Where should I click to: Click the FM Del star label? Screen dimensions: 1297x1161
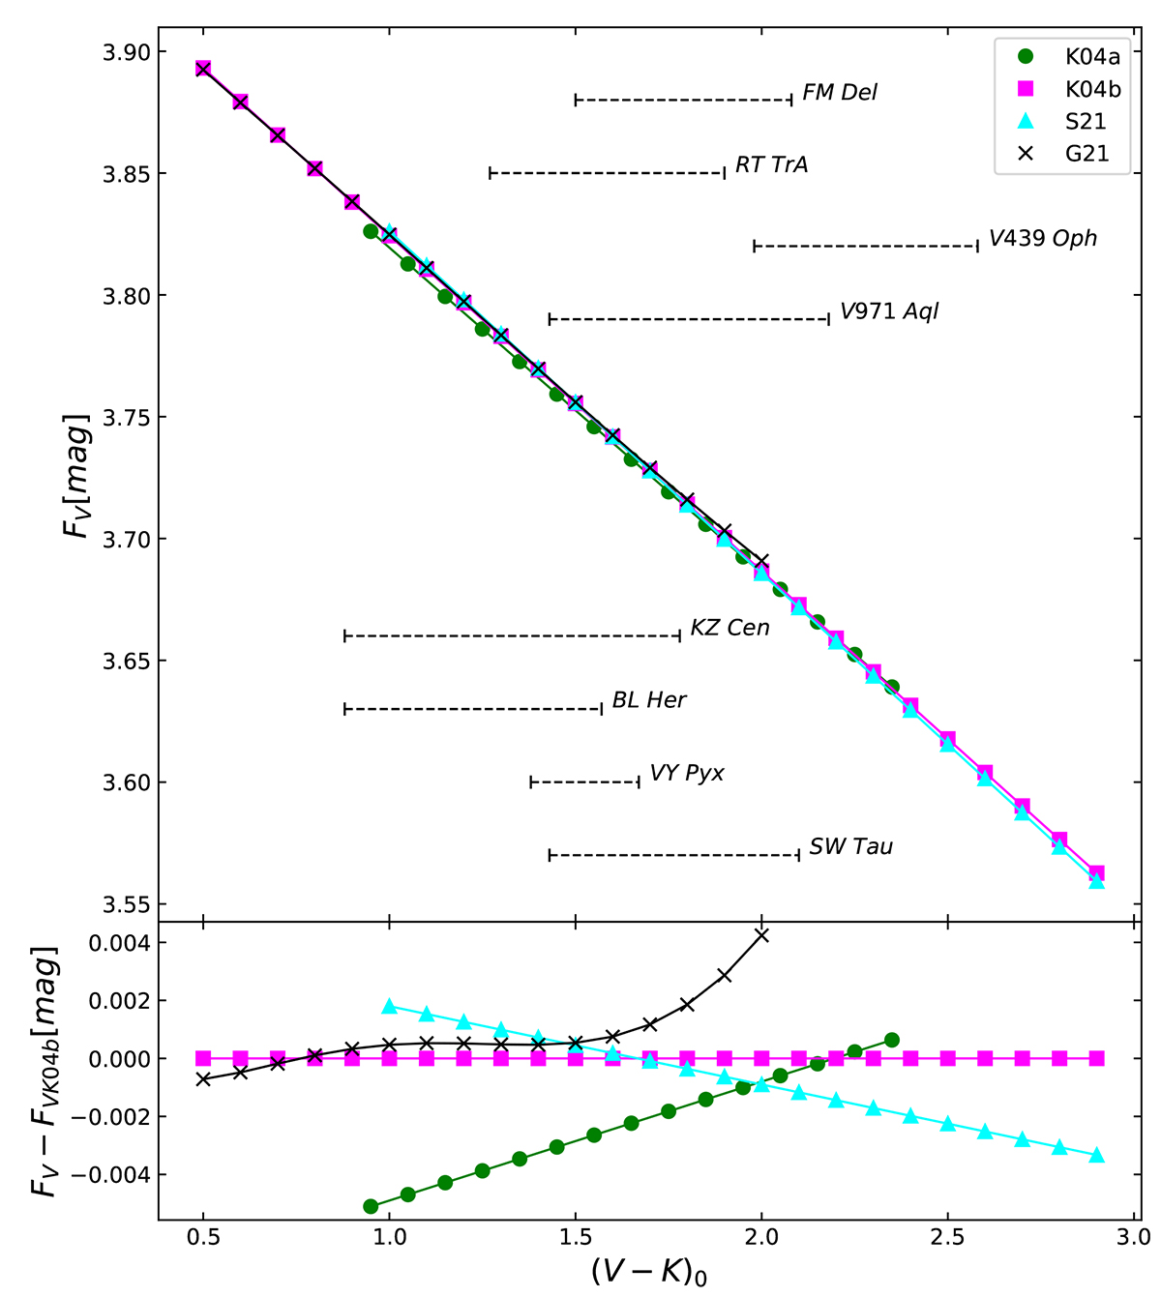[840, 93]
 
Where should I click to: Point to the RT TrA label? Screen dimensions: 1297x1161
[771, 165]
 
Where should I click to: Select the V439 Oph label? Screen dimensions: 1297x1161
[1042, 239]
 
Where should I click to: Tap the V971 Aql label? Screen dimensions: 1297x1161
[888, 312]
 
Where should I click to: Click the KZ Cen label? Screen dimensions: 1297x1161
[729, 629]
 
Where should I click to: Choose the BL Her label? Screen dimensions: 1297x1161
[648, 700]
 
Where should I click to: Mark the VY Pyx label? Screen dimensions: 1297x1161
[686, 774]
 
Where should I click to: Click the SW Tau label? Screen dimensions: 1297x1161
[850, 847]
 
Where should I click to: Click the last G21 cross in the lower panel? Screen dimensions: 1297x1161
[761, 935]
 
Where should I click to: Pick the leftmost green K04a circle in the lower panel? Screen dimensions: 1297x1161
[371, 1206]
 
